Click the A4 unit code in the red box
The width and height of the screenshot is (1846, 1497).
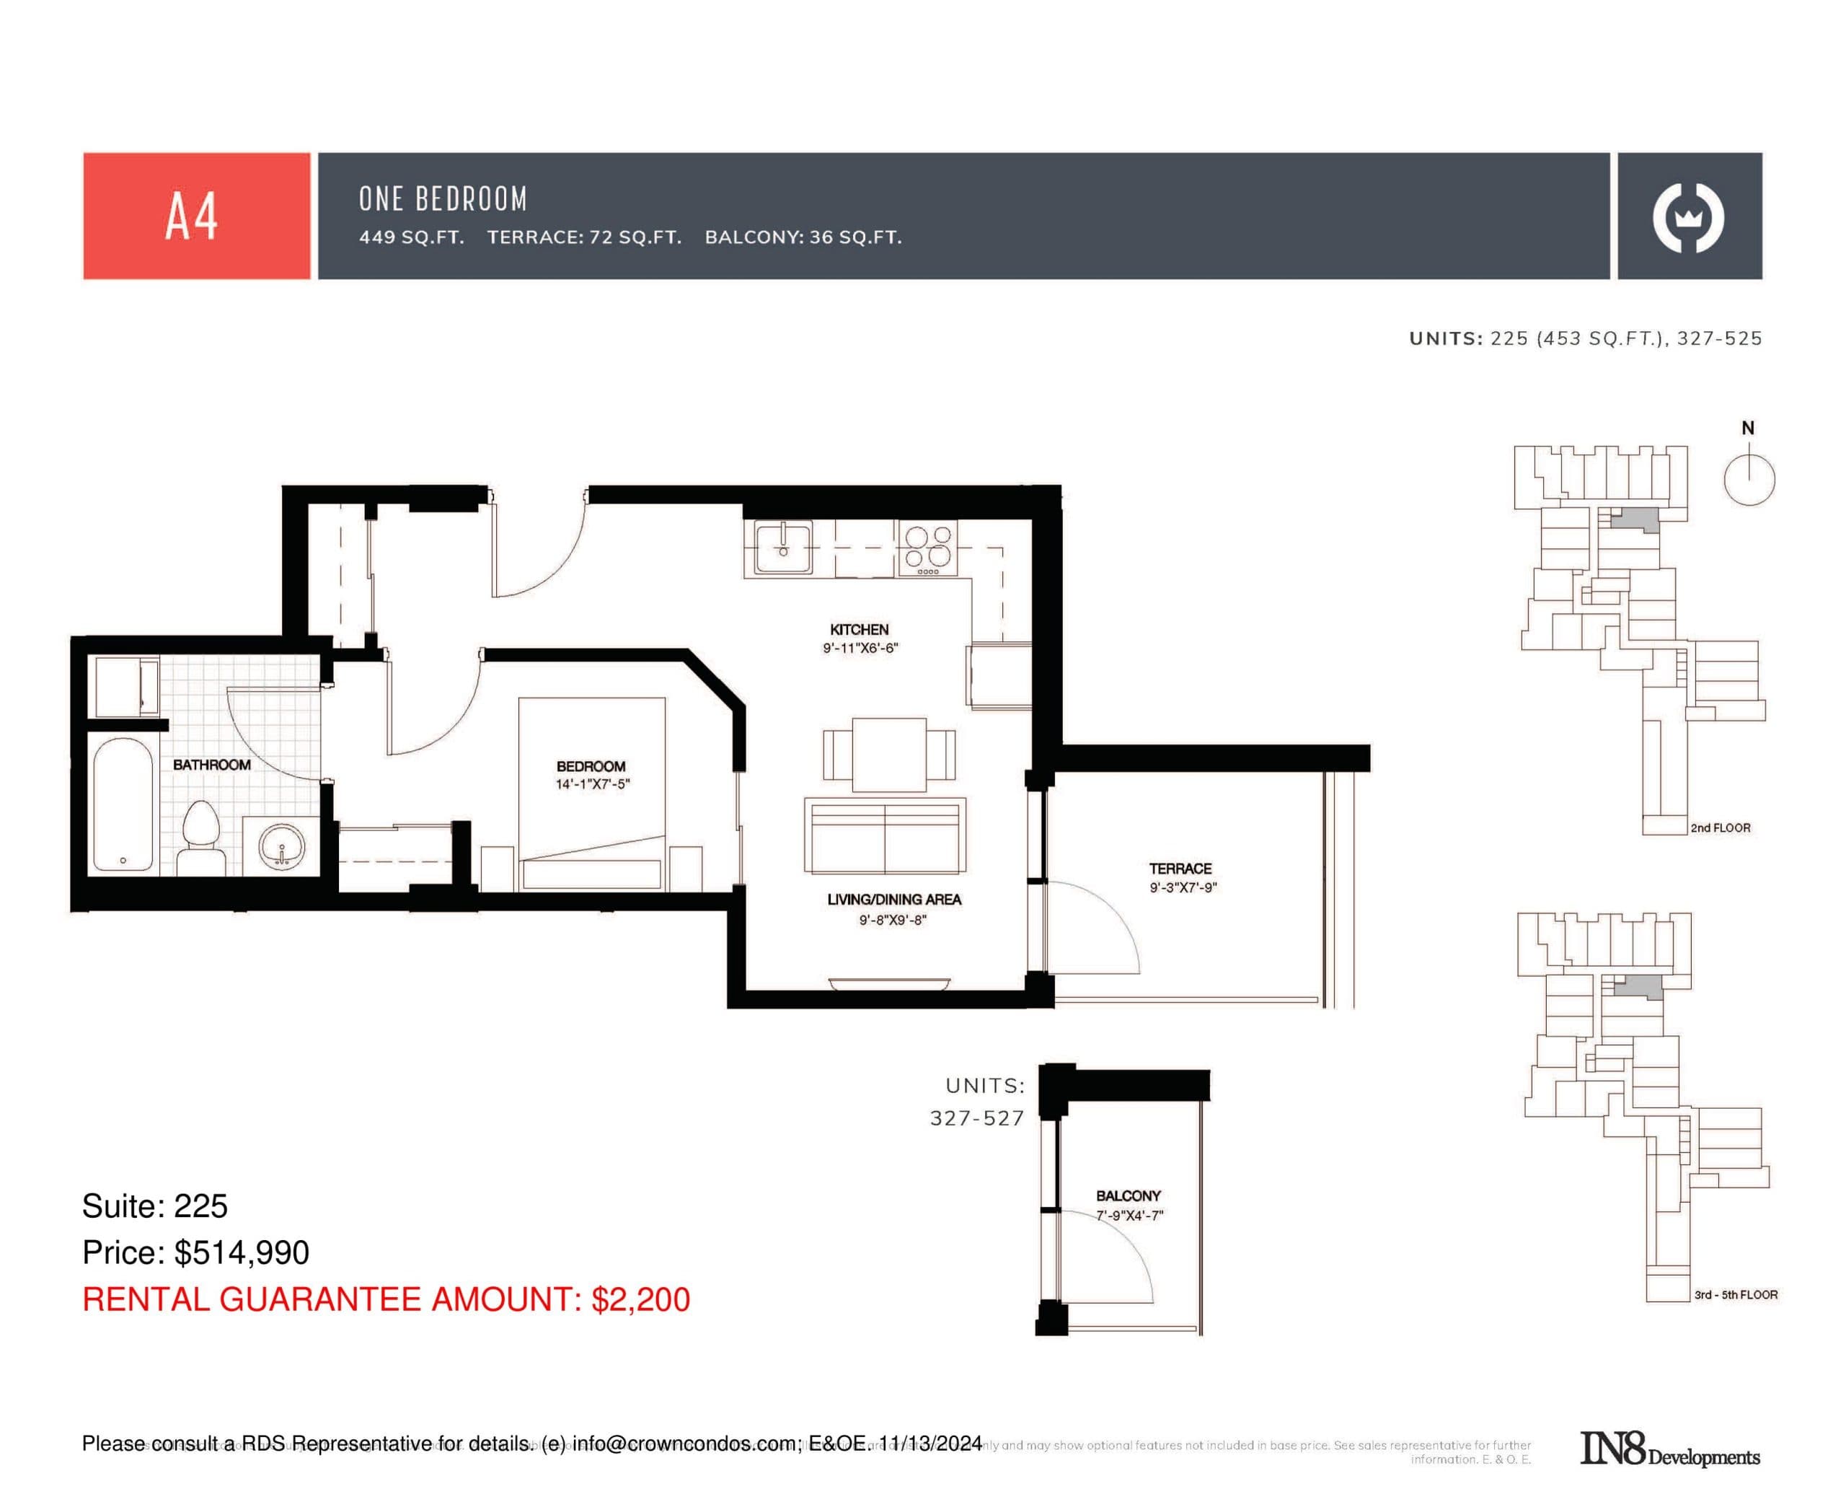tap(190, 216)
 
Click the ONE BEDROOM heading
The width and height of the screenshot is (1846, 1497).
tap(442, 199)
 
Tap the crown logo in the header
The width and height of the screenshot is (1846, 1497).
tap(1687, 217)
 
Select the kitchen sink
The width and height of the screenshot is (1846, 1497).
tap(782, 547)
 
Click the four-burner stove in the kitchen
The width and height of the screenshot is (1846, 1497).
tap(927, 548)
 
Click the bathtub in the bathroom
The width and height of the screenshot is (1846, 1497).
tap(123, 804)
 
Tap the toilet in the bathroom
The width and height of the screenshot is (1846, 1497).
tap(200, 836)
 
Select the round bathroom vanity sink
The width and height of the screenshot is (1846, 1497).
tap(282, 847)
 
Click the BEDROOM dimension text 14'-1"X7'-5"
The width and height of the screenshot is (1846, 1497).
tap(592, 784)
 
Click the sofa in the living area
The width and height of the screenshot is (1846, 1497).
tap(884, 835)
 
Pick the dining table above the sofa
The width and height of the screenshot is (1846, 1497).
tap(888, 754)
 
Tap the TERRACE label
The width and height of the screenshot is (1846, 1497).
tap(1180, 869)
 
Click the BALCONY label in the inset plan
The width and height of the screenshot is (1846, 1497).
tap(1127, 1195)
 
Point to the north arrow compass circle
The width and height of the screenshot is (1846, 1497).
tap(1749, 480)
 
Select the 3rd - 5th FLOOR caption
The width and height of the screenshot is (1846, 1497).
tap(1735, 1294)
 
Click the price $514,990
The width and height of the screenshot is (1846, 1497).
tap(242, 1252)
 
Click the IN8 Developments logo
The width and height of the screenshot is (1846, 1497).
tap(1669, 1449)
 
